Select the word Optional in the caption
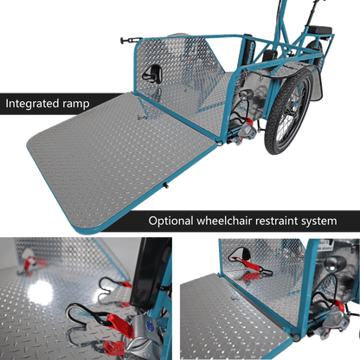click(170, 221)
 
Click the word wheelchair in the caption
click(224, 221)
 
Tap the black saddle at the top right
click(320, 30)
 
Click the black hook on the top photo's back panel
click(152, 74)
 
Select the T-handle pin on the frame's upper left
click(131, 40)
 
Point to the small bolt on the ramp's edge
click(166, 185)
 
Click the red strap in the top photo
click(249, 122)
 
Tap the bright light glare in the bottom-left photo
click(41, 292)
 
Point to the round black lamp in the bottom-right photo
click(335, 263)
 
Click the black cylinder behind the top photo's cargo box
click(247, 49)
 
